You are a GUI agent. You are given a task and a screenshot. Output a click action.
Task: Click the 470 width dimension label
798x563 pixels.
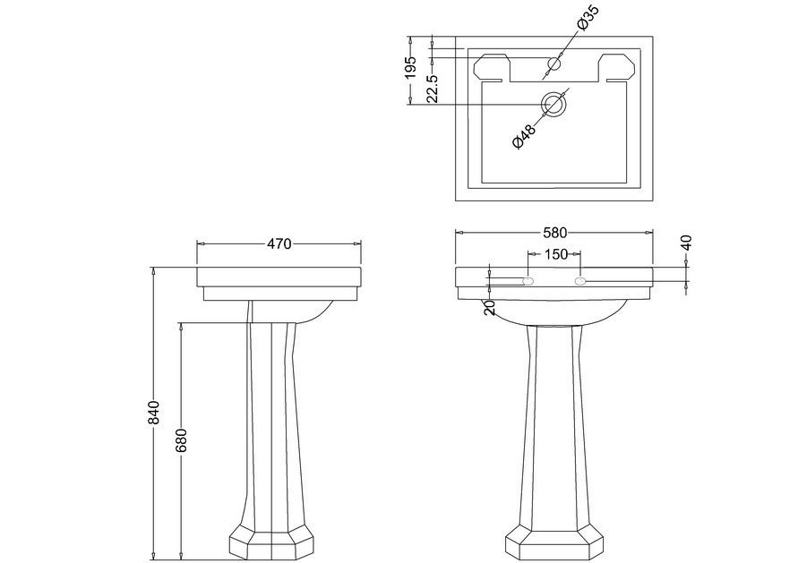(x=279, y=244)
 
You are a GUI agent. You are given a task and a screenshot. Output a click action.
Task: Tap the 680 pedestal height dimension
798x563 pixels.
(x=182, y=440)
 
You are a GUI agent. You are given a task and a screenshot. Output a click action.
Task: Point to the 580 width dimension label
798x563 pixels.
(x=554, y=233)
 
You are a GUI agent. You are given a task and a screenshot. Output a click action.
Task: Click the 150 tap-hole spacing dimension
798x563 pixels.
(x=556, y=254)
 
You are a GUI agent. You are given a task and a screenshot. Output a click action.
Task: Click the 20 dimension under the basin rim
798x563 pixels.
(x=490, y=308)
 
